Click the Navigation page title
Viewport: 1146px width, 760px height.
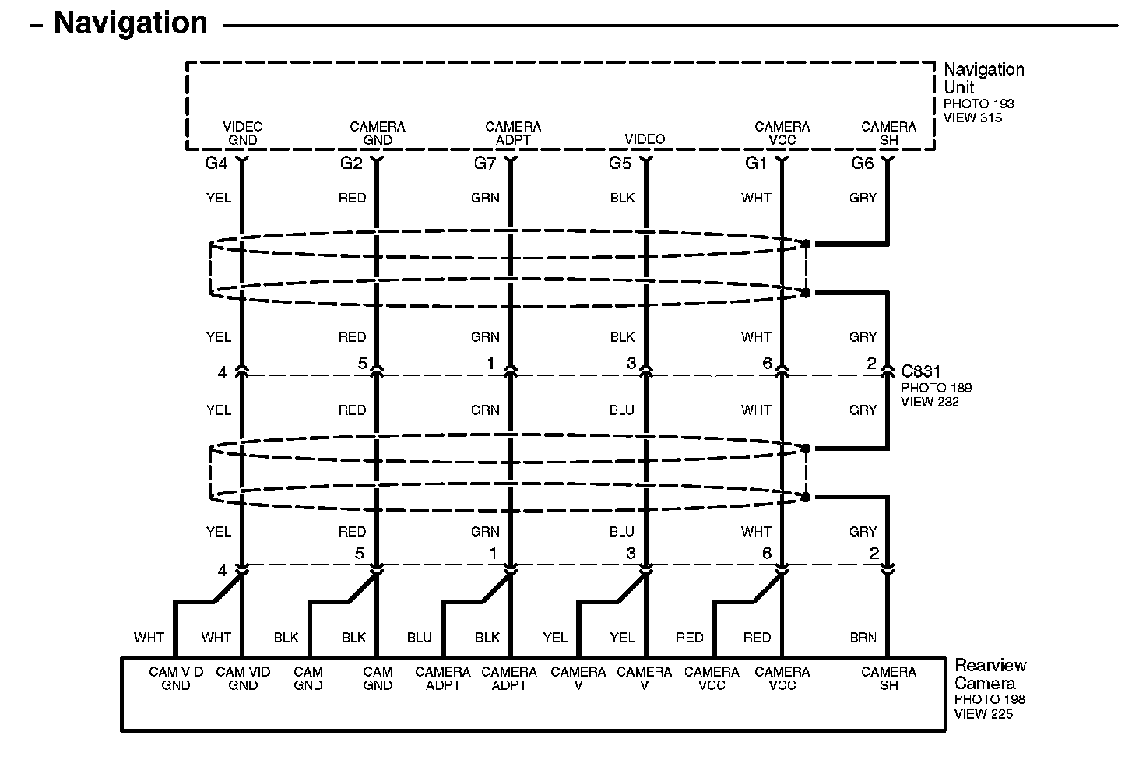click(x=130, y=23)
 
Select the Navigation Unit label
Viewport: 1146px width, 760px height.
click(x=983, y=78)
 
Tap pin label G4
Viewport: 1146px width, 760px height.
click(x=216, y=164)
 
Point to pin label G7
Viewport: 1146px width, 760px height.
click(x=485, y=164)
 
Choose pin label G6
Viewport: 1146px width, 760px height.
click(x=862, y=164)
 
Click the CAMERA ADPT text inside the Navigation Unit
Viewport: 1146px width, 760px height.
click(x=512, y=133)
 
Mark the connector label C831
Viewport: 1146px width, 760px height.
click(x=920, y=371)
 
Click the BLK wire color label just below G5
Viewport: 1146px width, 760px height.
click(x=622, y=198)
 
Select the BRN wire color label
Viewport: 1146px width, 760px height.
click(x=863, y=638)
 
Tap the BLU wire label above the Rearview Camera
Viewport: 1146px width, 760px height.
click(x=419, y=638)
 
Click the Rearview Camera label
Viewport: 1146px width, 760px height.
click(x=990, y=674)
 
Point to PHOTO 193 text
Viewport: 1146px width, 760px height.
click(x=979, y=104)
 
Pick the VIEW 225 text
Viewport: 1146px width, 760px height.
click(x=984, y=713)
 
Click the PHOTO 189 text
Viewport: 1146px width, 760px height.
click(x=936, y=387)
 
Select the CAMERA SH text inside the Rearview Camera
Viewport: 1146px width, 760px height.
click(x=888, y=678)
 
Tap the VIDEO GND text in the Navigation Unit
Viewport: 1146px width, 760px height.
click(x=243, y=133)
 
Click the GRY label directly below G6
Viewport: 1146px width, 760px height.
click(x=863, y=198)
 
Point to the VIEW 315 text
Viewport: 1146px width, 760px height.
click(x=972, y=118)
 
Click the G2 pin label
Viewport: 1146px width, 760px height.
click(x=351, y=164)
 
